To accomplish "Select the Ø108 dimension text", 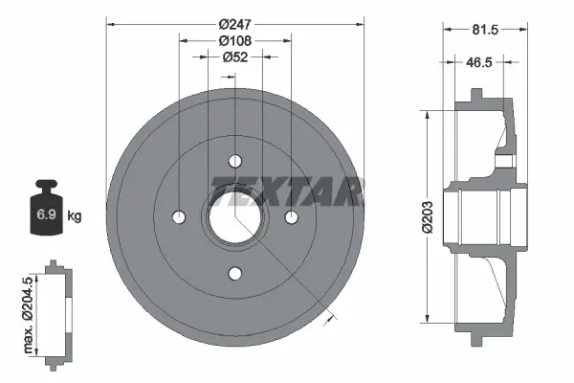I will pos(235,39).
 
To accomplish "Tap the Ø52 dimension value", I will pos(235,57).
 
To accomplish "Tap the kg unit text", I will pos(75,216).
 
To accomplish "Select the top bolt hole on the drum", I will pos(235,161).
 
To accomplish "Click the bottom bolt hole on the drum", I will pos(235,274).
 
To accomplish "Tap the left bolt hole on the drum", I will pos(179,217).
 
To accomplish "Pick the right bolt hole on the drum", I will pos(292,217).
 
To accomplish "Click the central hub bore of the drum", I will pos(235,218).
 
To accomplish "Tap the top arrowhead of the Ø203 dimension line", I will pos(427,114).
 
